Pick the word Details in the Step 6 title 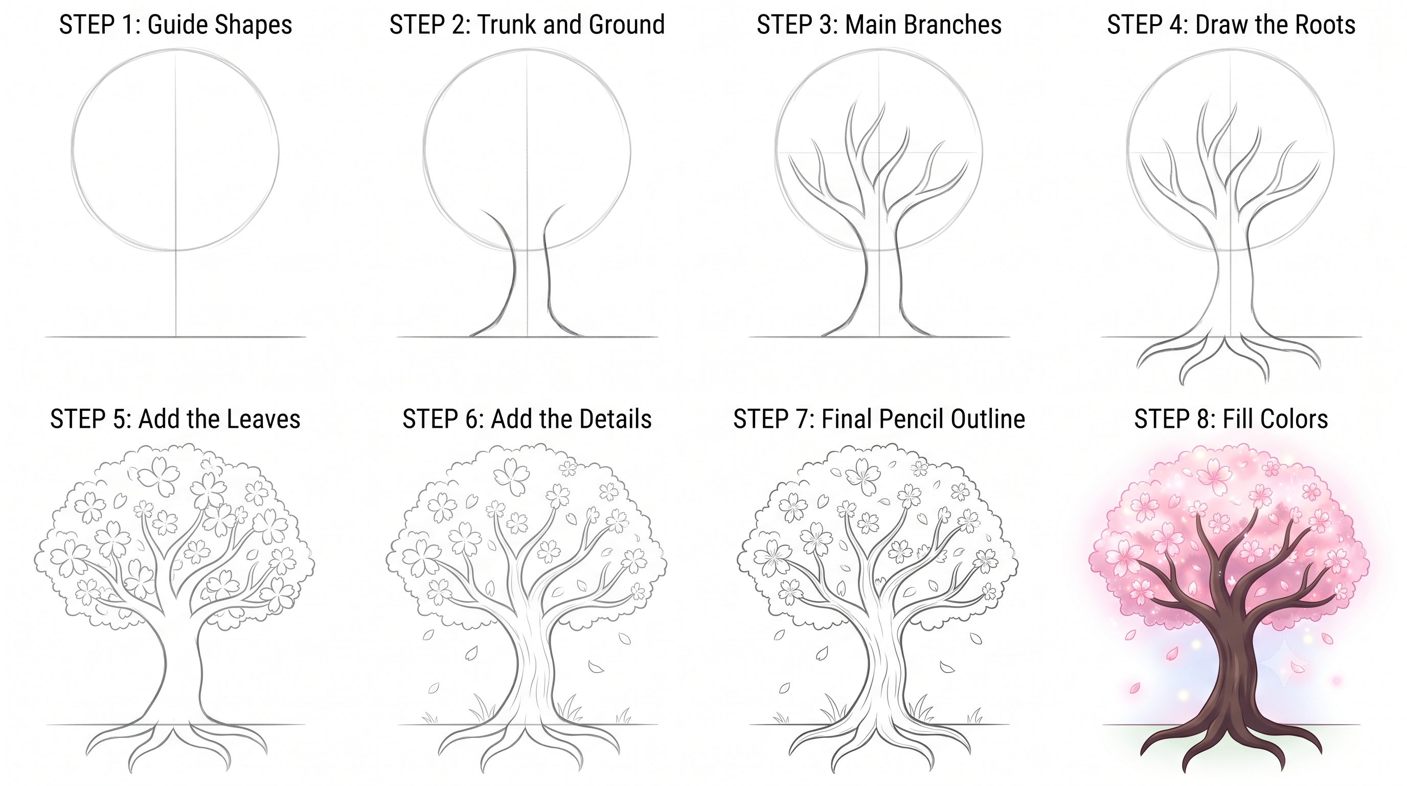(614, 419)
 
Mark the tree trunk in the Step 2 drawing (529, 284)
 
